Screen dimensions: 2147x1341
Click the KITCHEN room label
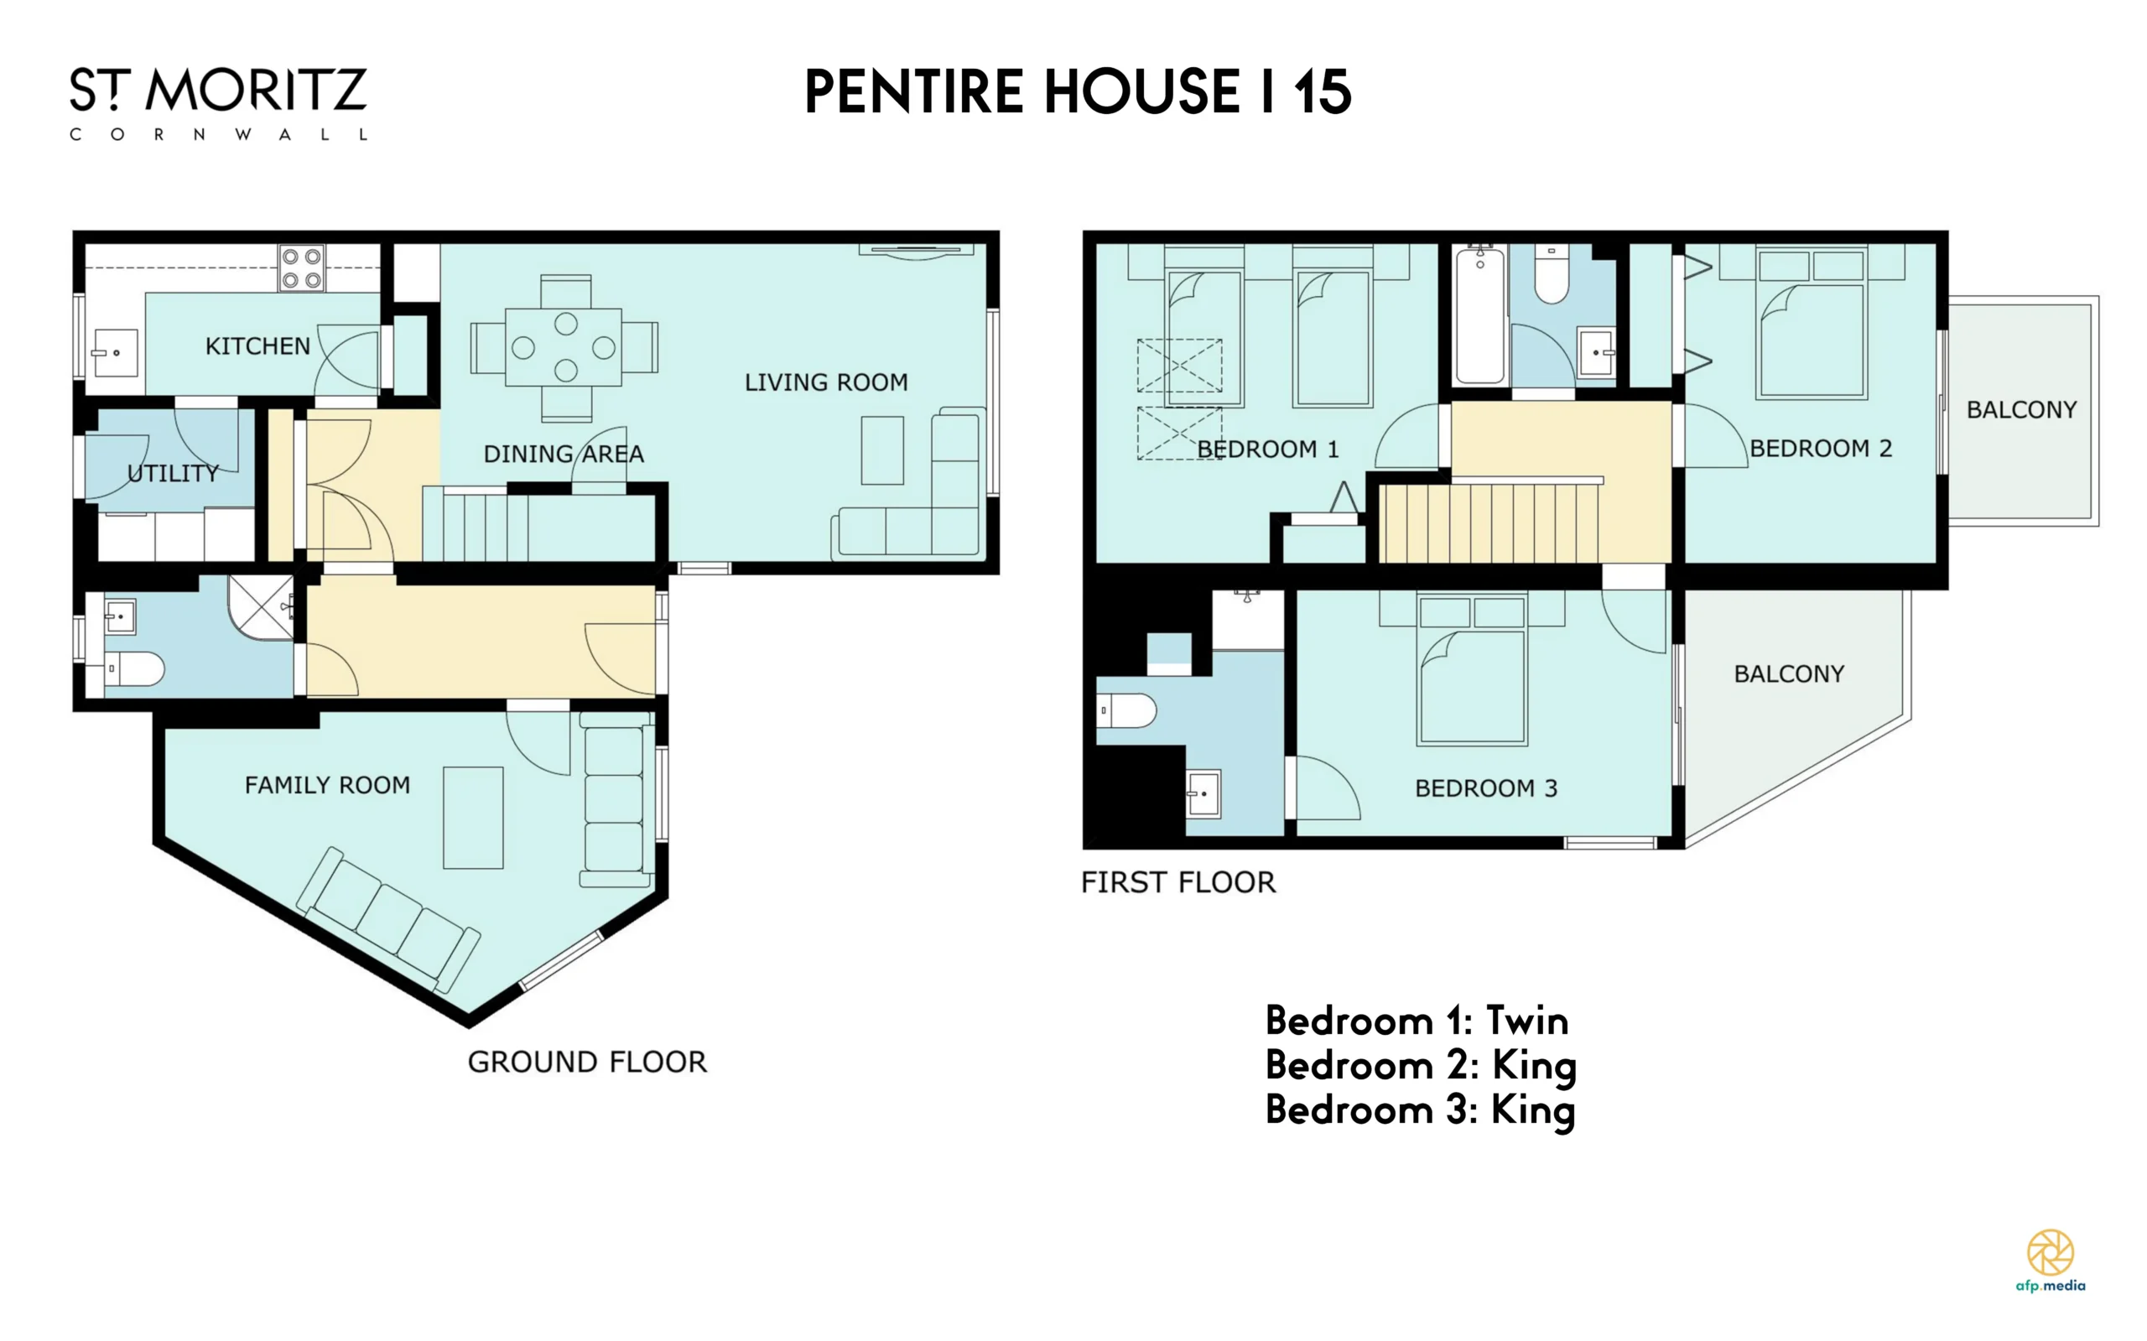click(x=257, y=346)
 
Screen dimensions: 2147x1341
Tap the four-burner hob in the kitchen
click(x=302, y=268)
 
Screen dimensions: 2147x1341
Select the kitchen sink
click(x=115, y=352)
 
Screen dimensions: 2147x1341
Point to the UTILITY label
click(x=173, y=474)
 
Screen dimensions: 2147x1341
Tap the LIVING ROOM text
click(x=825, y=382)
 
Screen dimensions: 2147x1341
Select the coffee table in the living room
click(x=882, y=450)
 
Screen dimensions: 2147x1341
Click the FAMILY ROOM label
click(x=327, y=785)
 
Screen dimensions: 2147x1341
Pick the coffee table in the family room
click(x=474, y=818)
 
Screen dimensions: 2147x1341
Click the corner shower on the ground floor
click(x=261, y=606)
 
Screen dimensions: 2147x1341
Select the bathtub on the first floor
click(x=1480, y=315)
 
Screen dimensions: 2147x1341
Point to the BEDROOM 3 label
click(x=1486, y=788)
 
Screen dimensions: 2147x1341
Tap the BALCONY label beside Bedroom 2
click(x=2022, y=410)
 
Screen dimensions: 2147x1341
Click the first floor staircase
click(x=1489, y=522)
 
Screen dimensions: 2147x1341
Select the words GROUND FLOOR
click(x=587, y=1062)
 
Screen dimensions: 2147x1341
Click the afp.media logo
click(x=2051, y=1260)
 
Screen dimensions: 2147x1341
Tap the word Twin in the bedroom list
click(x=1527, y=1021)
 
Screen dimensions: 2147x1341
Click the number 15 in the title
click(x=1323, y=91)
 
